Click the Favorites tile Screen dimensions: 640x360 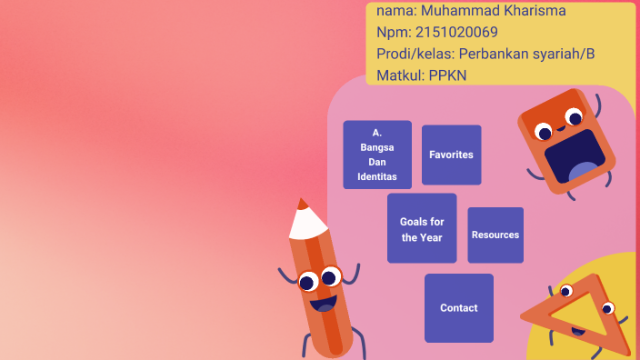(x=451, y=155)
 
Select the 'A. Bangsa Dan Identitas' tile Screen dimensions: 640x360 (x=377, y=155)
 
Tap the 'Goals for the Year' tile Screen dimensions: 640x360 (x=422, y=229)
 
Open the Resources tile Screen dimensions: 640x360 (x=495, y=235)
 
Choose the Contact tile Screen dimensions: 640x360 (x=459, y=308)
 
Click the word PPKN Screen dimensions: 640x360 (x=447, y=75)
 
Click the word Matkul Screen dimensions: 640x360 (x=398, y=75)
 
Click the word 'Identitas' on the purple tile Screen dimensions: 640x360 (x=377, y=176)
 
